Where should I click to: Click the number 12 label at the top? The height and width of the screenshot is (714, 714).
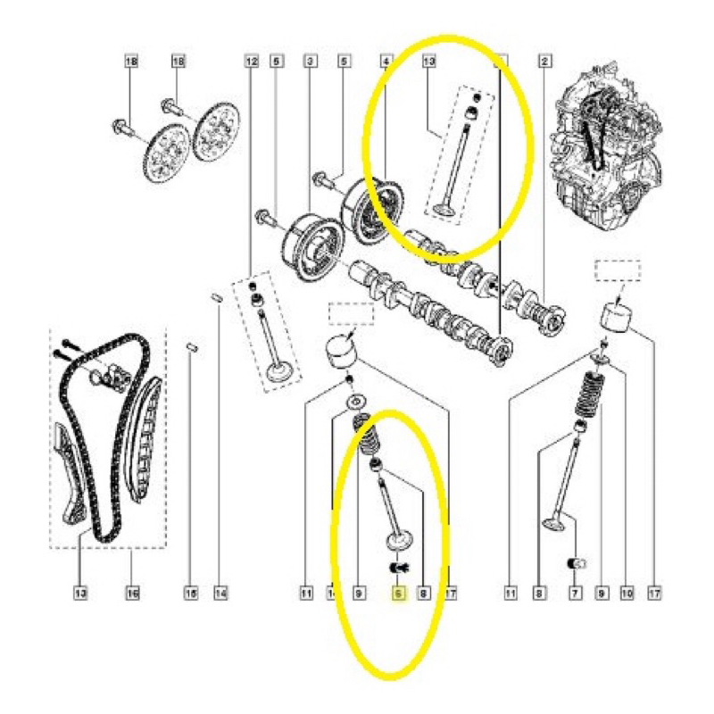tap(251, 61)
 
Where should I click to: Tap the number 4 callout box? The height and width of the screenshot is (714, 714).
tap(386, 61)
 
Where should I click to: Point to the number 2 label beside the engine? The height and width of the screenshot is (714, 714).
tap(543, 61)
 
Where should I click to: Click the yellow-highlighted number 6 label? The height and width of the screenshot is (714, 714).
tap(399, 591)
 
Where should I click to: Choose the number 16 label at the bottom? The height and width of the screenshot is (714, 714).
tap(131, 591)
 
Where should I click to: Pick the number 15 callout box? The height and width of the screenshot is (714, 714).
tap(190, 591)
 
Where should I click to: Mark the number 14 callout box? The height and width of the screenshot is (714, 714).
tap(220, 591)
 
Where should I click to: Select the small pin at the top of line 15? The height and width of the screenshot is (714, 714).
tap(190, 345)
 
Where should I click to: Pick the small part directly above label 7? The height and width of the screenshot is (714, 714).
tap(576, 562)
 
